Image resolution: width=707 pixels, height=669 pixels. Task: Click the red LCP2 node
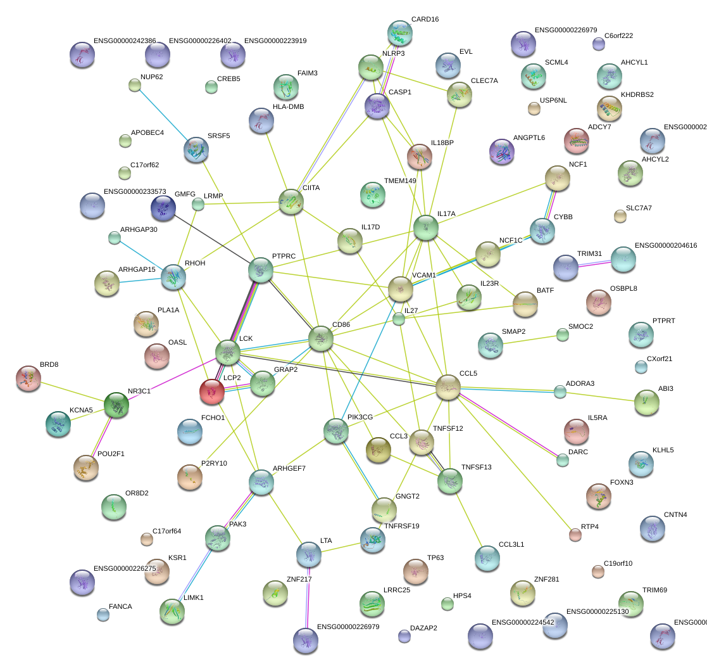(x=212, y=392)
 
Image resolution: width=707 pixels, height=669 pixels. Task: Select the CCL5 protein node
(x=447, y=386)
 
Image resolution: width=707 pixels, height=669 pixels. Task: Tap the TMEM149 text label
(x=400, y=181)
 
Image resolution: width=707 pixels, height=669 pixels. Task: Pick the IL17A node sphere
(x=426, y=228)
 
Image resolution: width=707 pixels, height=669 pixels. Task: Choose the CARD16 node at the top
(x=400, y=34)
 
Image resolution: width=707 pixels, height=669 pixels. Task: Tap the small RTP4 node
(x=575, y=535)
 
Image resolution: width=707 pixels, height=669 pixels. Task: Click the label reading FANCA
(x=120, y=607)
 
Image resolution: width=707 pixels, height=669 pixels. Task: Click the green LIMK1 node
(x=172, y=612)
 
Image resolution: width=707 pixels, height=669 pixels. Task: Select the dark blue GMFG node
(x=163, y=208)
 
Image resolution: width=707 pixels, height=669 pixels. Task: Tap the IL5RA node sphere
(x=576, y=431)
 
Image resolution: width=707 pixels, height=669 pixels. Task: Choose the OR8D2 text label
(x=137, y=493)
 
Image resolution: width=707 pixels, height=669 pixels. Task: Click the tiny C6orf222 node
(x=599, y=44)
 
